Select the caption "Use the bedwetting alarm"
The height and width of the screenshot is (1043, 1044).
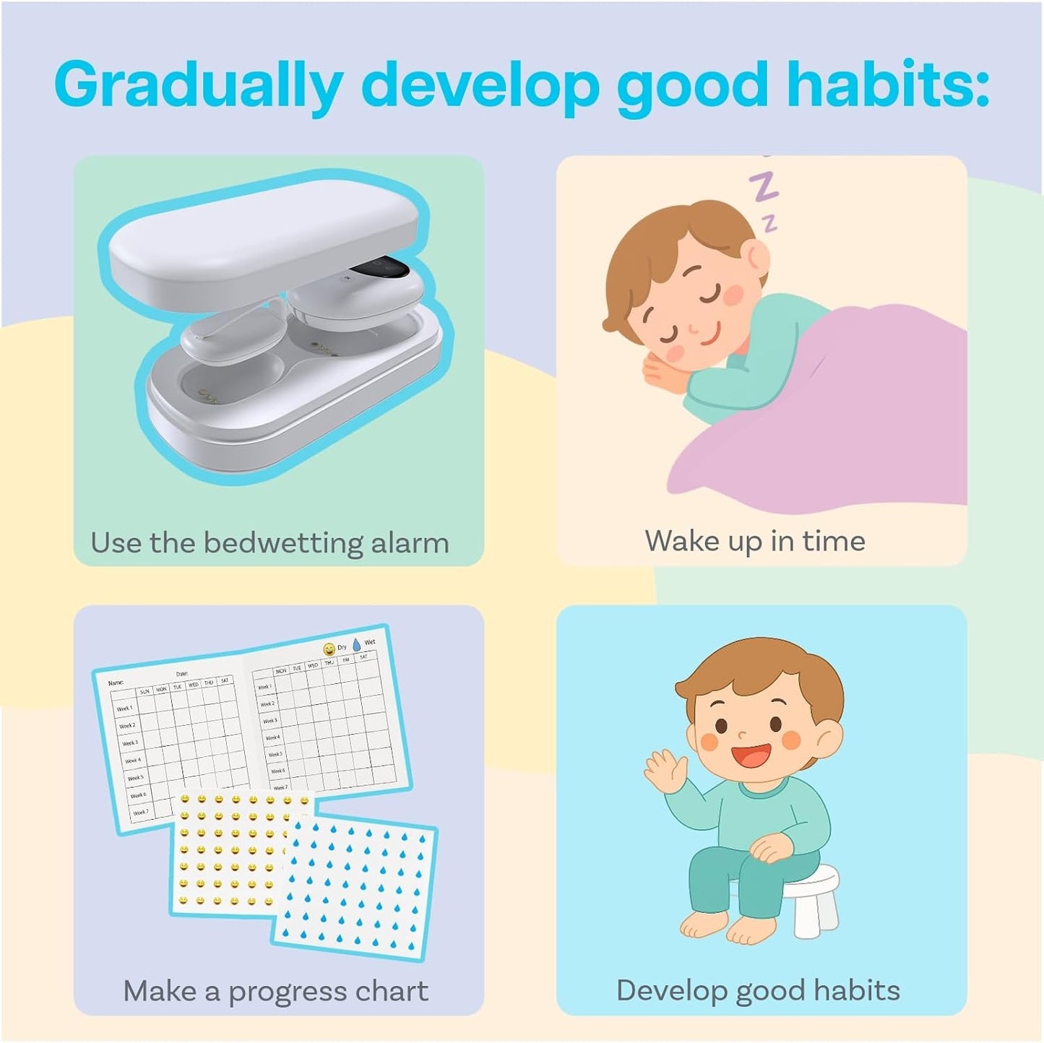point(269,542)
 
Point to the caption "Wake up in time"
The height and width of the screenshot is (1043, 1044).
point(755,540)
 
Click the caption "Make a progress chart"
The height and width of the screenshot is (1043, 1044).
point(276,991)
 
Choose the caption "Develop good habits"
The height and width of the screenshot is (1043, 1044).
point(758,990)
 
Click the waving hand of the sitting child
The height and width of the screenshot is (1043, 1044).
point(663,770)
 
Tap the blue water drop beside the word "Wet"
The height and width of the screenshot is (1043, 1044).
point(357,644)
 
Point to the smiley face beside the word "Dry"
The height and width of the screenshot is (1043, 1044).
point(329,649)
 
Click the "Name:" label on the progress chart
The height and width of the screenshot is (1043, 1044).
point(116,683)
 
